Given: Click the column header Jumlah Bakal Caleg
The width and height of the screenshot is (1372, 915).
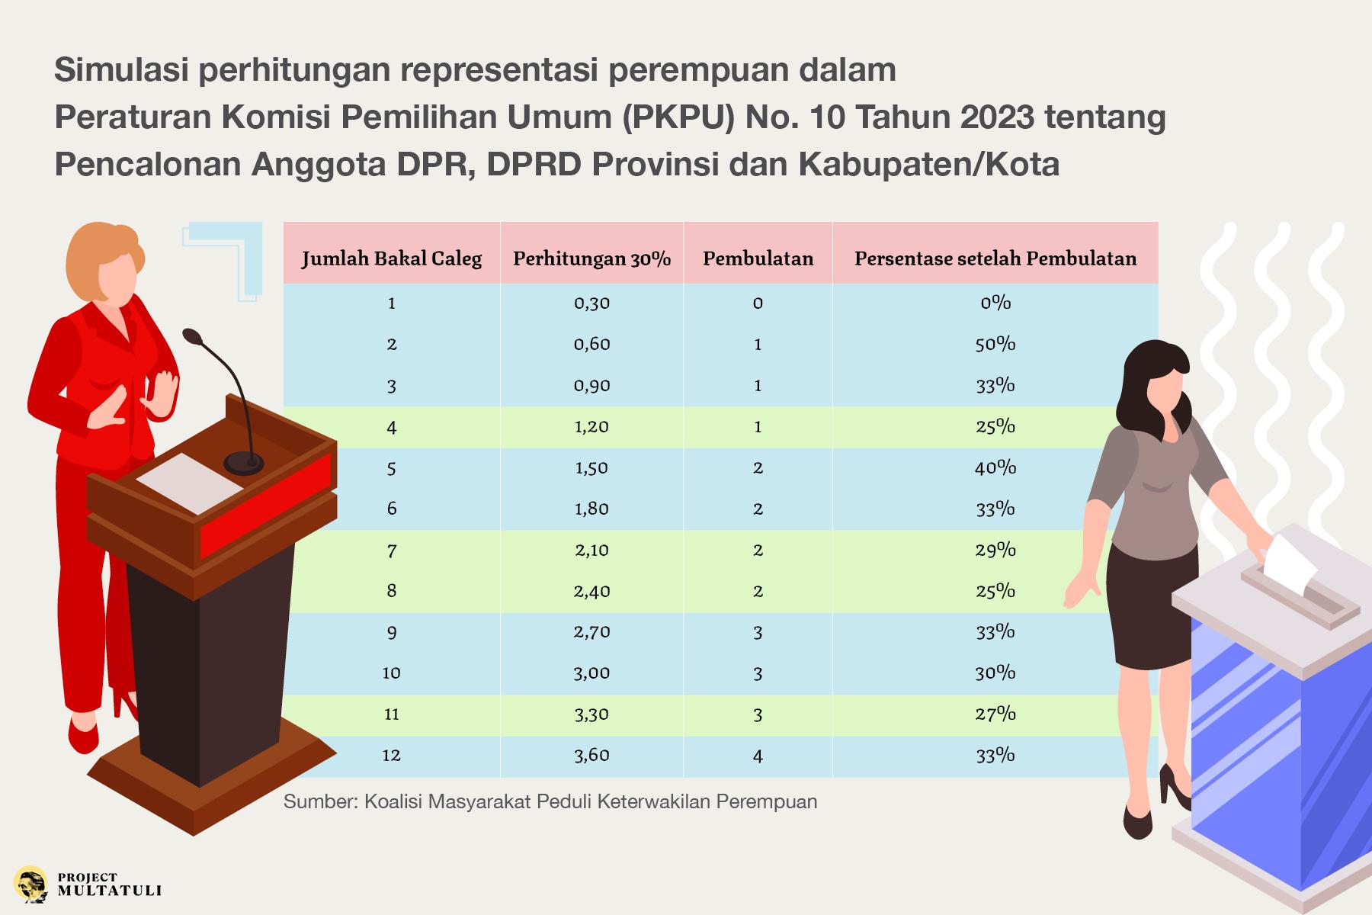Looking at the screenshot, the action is pyautogui.click(x=392, y=258).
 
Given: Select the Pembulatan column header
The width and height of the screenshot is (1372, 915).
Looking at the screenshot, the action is pyautogui.click(x=758, y=258).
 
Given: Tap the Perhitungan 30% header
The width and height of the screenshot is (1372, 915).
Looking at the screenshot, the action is pyautogui.click(x=591, y=258).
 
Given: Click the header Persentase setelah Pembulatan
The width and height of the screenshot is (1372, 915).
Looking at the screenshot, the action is pyautogui.click(x=995, y=258).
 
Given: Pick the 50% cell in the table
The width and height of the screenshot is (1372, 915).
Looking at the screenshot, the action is pyautogui.click(x=995, y=344).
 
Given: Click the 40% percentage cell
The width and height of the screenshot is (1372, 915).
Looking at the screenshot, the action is pyautogui.click(x=995, y=467).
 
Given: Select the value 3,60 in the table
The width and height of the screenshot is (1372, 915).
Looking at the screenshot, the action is pyautogui.click(x=591, y=755).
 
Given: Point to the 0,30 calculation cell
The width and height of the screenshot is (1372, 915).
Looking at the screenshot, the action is pyautogui.click(x=591, y=303).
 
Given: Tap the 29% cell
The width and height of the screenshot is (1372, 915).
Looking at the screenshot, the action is pyautogui.click(x=995, y=550).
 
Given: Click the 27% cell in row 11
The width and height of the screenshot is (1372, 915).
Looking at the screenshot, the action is pyautogui.click(x=995, y=714).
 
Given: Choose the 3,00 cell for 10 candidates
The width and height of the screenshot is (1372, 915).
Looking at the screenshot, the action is pyautogui.click(x=591, y=673).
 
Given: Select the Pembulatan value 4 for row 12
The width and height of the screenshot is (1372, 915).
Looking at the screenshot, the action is pyautogui.click(x=758, y=756).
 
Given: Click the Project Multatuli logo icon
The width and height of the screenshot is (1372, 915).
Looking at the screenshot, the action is pyautogui.click(x=30, y=884).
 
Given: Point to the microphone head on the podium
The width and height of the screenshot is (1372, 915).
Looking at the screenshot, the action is pyautogui.click(x=193, y=336).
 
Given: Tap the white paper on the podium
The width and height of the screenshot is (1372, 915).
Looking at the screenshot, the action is pyautogui.click(x=190, y=483).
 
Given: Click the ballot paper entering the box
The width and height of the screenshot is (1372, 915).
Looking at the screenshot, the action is pyautogui.click(x=1290, y=563).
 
